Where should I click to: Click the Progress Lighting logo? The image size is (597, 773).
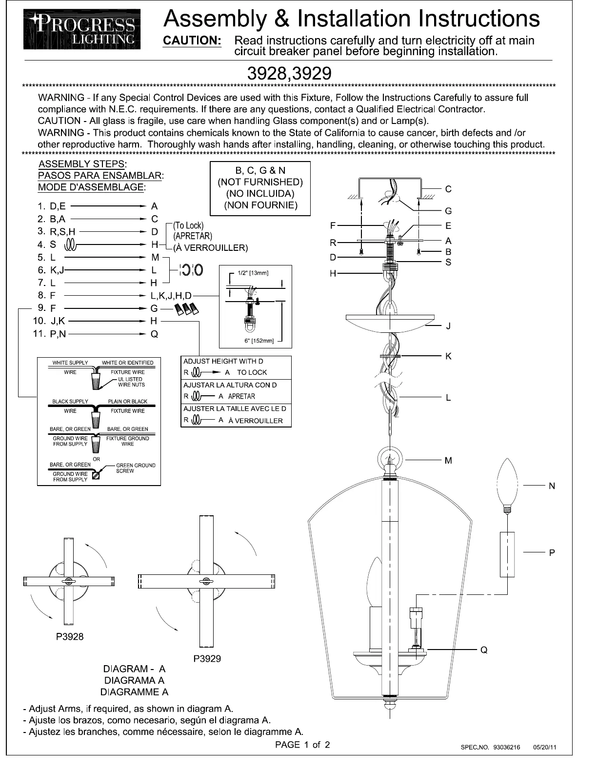coord(82,29)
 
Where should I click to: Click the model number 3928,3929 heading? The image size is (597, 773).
coord(289,74)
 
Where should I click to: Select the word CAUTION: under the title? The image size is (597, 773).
coord(192,41)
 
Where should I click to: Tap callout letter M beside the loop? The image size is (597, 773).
coord(448,460)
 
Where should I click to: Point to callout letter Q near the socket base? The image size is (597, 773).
coord(484,650)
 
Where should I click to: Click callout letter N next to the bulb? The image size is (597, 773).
coord(552,486)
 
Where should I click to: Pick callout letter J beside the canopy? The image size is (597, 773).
coord(448,326)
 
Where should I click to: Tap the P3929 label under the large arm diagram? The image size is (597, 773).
coord(207,658)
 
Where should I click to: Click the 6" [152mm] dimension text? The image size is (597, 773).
coord(259,341)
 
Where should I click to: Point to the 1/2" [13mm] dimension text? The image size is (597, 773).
coord(253,273)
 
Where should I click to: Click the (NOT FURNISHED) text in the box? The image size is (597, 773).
coord(260,182)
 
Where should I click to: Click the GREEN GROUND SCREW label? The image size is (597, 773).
coord(135,468)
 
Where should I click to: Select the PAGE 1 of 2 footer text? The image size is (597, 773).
coord(302,745)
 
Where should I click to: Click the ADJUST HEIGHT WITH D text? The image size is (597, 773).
coord(223,361)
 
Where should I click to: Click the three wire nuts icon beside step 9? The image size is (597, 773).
coord(187,309)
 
